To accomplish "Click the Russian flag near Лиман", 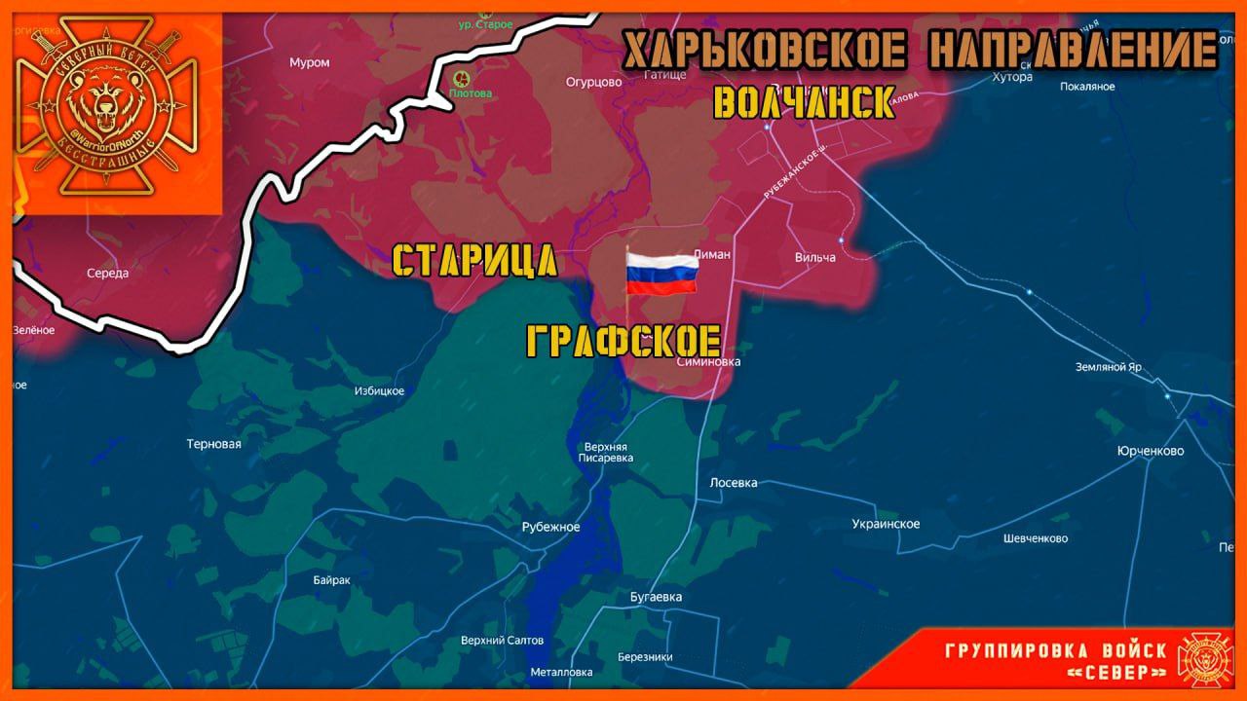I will click(661, 273).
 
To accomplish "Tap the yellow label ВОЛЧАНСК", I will click(804, 102).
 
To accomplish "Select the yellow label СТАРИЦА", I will click(474, 261).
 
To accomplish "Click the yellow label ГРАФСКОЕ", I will click(623, 342).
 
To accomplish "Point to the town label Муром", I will click(310, 62).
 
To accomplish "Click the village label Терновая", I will click(214, 444).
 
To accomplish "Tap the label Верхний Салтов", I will click(502, 641).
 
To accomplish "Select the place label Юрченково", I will click(1151, 452).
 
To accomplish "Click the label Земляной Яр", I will click(1108, 368).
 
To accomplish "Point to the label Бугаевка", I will click(656, 597).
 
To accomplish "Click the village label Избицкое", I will click(379, 391).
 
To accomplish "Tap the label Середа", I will click(107, 273).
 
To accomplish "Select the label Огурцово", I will click(593, 82).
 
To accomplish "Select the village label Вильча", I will click(815, 257).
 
